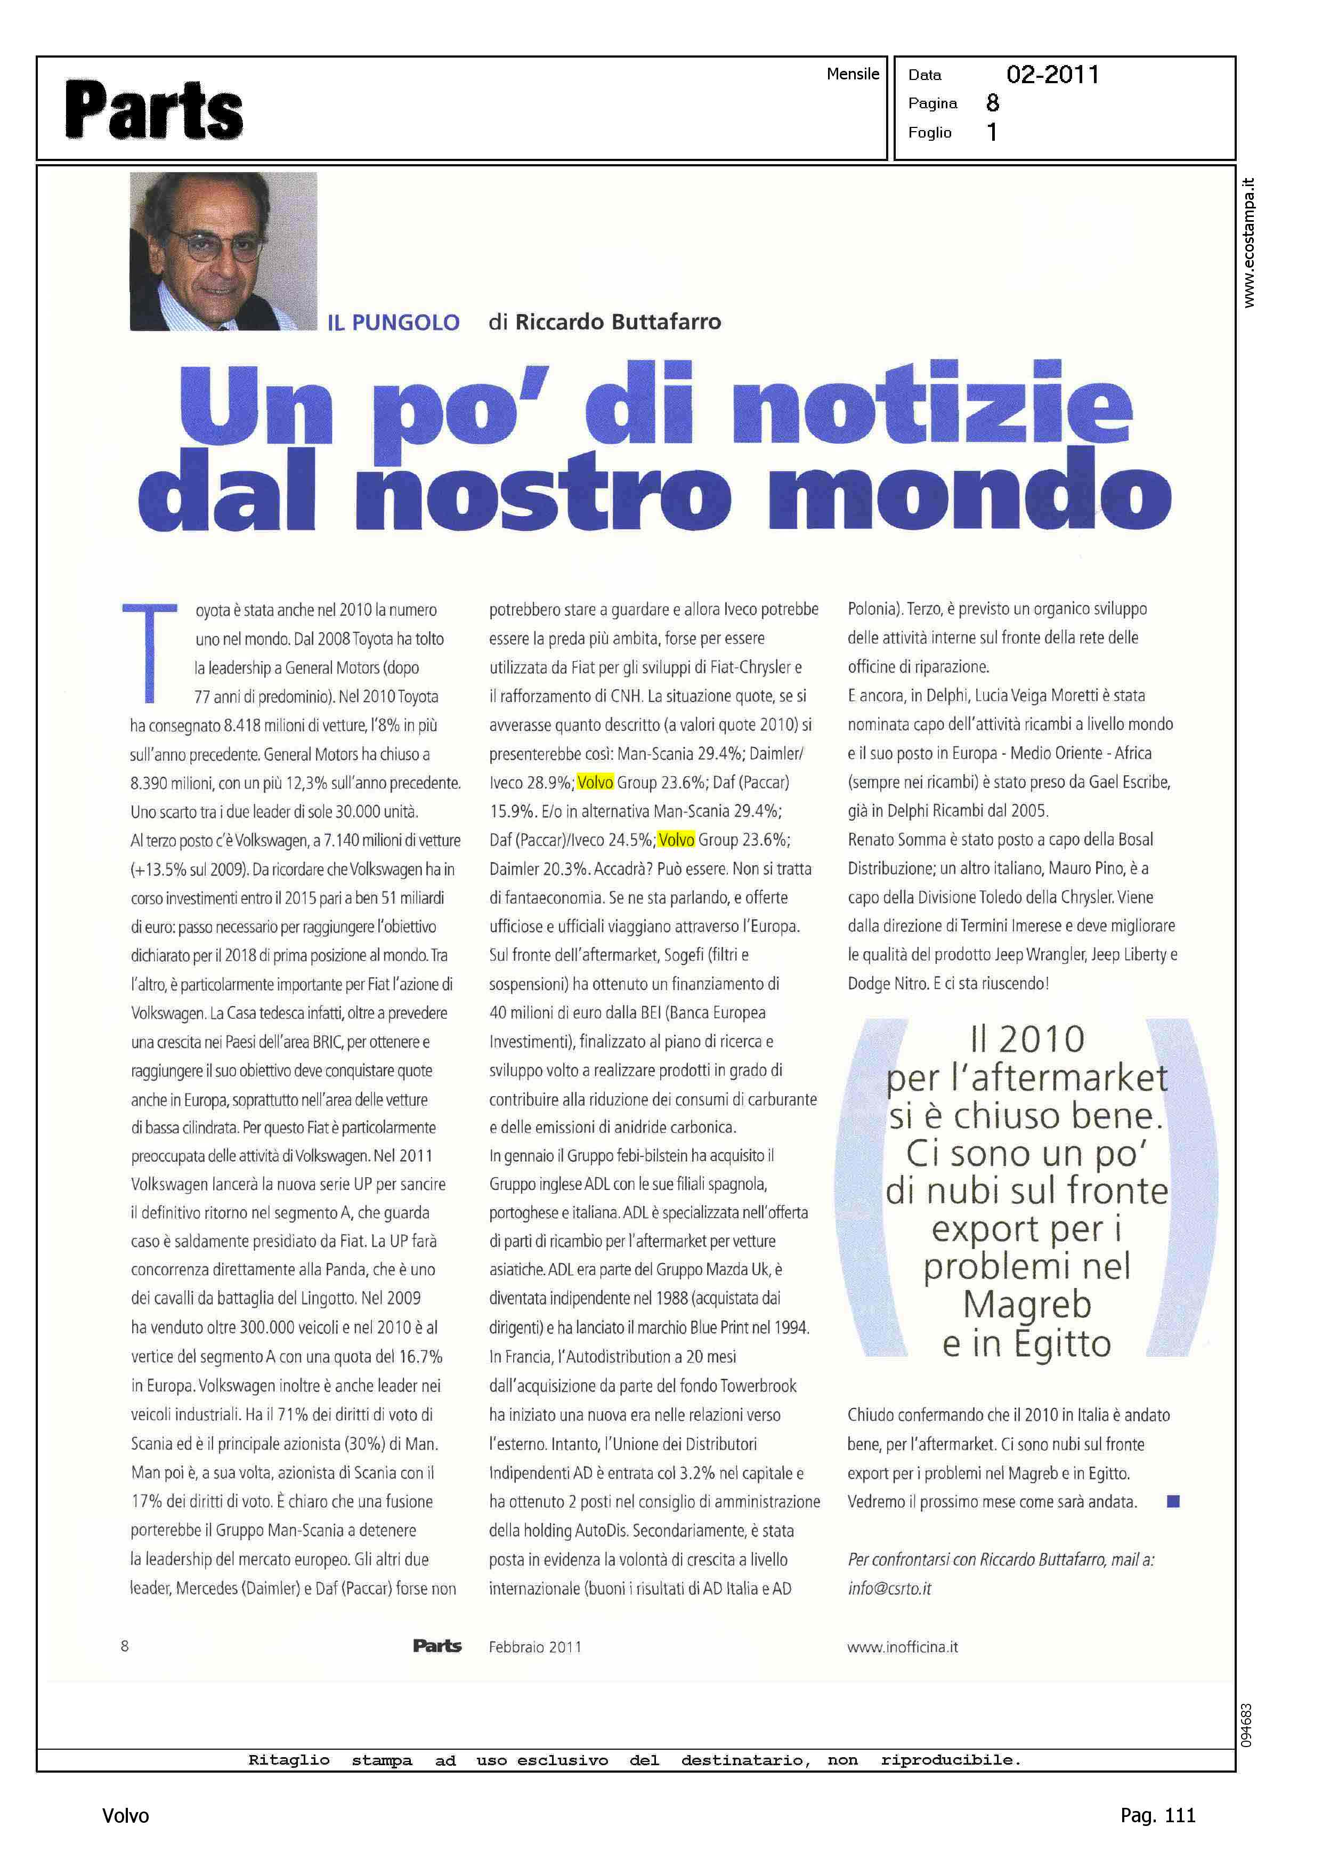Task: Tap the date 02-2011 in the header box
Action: point(1052,75)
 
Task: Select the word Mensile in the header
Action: point(853,74)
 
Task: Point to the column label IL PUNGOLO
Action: point(393,323)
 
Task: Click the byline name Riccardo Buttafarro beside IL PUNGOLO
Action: point(618,322)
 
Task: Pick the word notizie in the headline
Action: point(932,406)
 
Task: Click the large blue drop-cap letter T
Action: point(150,651)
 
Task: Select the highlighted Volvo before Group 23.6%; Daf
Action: point(595,782)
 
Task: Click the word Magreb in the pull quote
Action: point(1027,1305)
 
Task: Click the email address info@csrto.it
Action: point(889,1589)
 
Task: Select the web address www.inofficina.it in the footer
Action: point(903,1647)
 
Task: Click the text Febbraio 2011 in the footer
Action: point(535,1647)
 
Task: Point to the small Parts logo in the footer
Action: point(437,1646)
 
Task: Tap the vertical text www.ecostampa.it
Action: point(1248,243)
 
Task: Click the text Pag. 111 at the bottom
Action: point(1157,1815)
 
